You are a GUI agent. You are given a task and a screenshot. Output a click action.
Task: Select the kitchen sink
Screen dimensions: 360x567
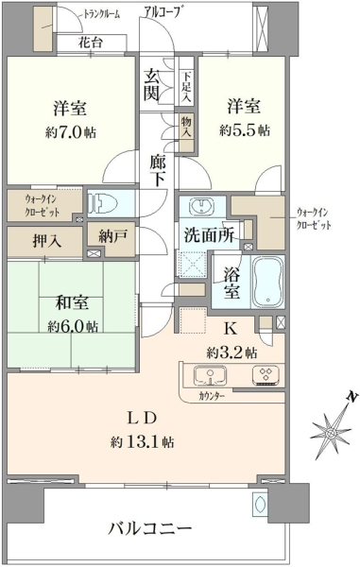[211, 376]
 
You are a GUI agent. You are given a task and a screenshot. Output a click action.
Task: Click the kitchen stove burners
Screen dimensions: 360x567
[266, 375]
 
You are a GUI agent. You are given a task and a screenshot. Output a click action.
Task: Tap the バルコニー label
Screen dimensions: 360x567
[150, 529]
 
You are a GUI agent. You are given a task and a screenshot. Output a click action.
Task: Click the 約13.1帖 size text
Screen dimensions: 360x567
[143, 442]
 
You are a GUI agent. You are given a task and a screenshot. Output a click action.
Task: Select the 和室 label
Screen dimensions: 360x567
[72, 303]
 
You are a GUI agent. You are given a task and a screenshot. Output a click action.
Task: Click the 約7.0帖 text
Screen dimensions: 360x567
[71, 132]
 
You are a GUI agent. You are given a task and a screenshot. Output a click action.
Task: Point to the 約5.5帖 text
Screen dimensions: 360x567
[245, 130]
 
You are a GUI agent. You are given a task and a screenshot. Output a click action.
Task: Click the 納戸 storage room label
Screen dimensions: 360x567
[112, 236]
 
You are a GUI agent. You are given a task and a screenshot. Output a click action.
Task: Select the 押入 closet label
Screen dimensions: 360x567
[47, 241]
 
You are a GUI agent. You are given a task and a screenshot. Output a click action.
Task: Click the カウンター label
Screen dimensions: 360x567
[212, 396]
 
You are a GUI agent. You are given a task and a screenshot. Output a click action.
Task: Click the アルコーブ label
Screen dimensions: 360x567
[162, 11]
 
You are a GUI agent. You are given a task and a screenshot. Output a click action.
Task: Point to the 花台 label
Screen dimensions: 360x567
[91, 43]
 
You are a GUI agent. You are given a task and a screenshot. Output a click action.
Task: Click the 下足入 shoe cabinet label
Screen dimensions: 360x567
[186, 87]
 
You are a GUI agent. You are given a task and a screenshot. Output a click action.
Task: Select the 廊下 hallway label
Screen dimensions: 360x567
[158, 170]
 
